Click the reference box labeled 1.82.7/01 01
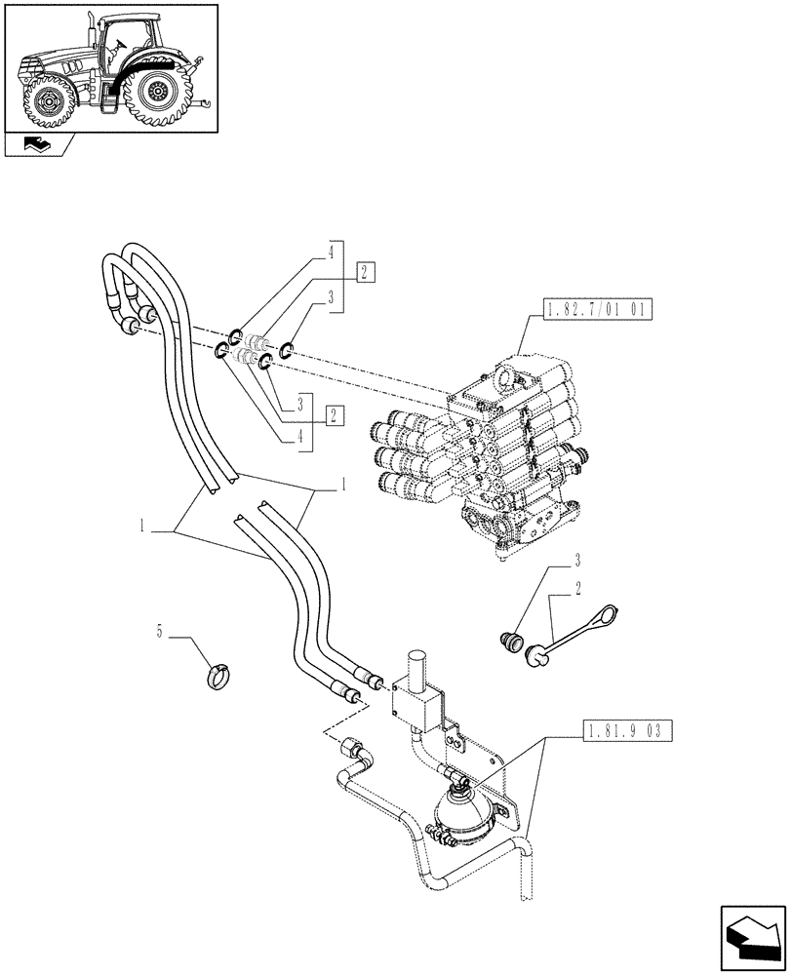tap(593, 311)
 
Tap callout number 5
tap(159, 631)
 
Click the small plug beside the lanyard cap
tap(508, 643)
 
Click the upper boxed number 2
tap(364, 272)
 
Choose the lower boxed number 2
tap(335, 414)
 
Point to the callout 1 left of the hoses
tap(142, 526)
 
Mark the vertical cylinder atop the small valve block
tap(417, 670)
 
